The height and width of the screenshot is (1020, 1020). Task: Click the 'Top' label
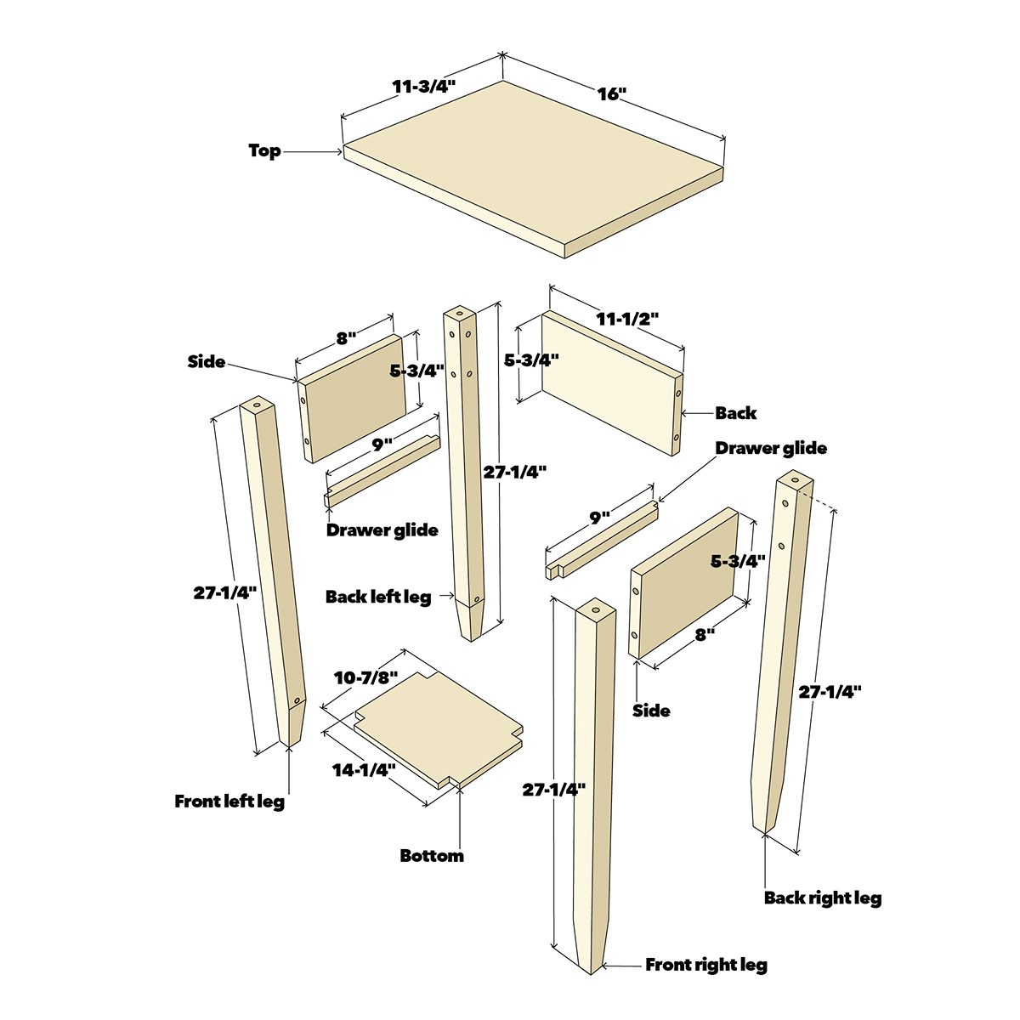pyautogui.click(x=264, y=150)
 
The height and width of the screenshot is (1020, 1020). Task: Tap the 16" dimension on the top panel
pyautogui.click(x=610, y=93)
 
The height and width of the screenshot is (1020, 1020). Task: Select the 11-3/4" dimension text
pyautogui.click(x=423, y=86)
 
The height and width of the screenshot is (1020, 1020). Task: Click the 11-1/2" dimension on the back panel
pyautogui.click(x=627, y=319)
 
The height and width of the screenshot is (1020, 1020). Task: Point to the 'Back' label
pyautogui.click(x=735, y=413)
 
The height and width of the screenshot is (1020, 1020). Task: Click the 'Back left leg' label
pyautogui.click(x=378, y=597)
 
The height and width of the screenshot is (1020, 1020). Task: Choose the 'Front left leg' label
pyautogui.click(x=229, y=801)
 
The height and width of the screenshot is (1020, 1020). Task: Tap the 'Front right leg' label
pyautogui.click(x=706, y=965)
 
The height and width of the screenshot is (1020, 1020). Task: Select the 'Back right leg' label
pyautogui.click(x=822, y=898)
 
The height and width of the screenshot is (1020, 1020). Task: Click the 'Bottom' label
pyautogui.click(x=432, y=856)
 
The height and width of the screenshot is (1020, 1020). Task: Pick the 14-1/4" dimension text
pyautogui.click(x=364, y=770)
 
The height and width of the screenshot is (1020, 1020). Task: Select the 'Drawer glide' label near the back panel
pyautogui.click(x=770, y=448)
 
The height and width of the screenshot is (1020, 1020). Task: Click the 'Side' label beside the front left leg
pyautogui.click(x=207, y=361)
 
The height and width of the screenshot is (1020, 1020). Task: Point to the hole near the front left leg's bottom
pyautogui.click(x=298, y=700)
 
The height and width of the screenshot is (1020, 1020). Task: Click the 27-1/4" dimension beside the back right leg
pyautogui.click(x=830, y=692)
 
